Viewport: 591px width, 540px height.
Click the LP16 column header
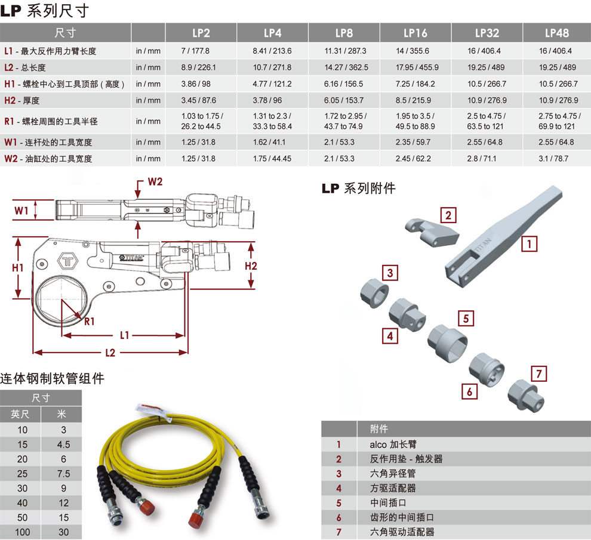415,33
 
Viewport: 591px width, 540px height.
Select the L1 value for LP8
345,51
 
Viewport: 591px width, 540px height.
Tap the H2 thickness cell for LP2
199,100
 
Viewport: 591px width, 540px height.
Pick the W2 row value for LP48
553,159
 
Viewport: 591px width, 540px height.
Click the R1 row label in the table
51,121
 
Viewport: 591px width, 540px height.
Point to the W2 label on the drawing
155,181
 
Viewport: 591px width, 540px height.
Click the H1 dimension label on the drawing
18,268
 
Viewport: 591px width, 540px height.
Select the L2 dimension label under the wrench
110,353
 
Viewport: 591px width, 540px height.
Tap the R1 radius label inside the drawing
90,322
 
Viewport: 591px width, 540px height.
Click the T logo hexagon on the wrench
68,261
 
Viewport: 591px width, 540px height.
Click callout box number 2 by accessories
448,215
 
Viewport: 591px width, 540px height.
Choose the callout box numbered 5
466,319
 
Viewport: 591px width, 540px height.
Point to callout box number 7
538,374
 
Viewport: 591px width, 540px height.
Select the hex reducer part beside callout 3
374,293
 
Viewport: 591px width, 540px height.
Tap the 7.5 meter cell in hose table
63,474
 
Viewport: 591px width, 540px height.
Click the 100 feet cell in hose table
22,532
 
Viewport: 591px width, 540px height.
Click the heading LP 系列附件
358,188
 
